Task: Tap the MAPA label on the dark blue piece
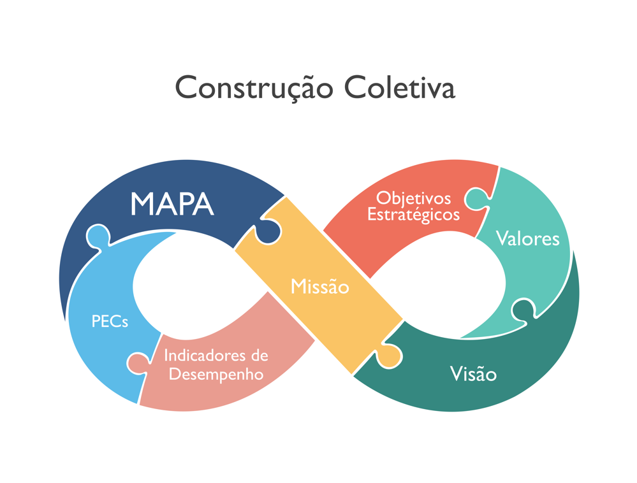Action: point(172,203)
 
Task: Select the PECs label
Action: point(110,321)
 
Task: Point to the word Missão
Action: point(319,287)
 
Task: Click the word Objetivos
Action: point(413,198)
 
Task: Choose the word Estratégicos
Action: point(413,214)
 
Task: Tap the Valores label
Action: point(527,239)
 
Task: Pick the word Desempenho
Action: point(216,373)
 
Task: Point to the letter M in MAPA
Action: point(143,203)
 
